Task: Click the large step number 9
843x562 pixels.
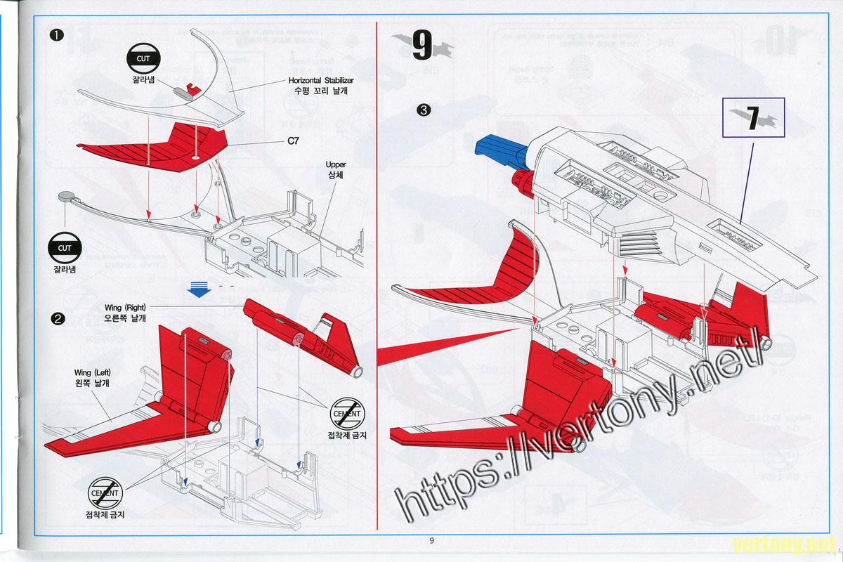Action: point(422,46)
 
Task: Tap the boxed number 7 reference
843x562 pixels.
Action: point(752,118)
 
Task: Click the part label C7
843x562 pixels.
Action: point(294,141)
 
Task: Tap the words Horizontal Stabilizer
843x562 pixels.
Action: point(321,80)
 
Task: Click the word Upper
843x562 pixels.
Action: point(335,164)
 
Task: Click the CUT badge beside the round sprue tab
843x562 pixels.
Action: point(65,247)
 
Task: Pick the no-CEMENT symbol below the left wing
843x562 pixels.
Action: point(105,495)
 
